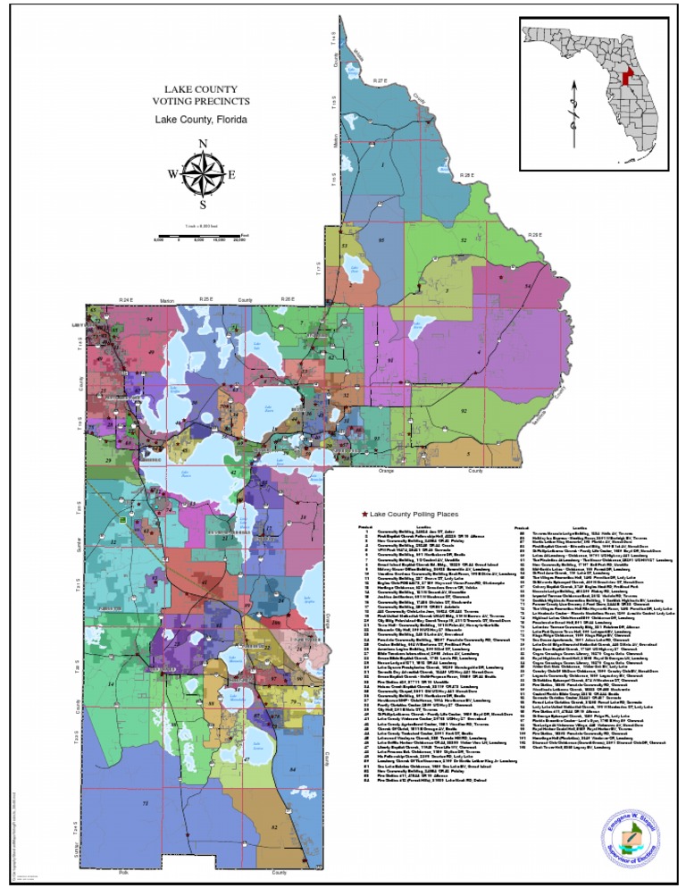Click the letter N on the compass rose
coord(203,145)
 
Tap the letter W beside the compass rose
coord(171,175)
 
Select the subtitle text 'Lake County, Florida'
coord(201,119)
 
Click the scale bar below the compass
coord(202,236)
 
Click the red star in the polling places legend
coord(364,516)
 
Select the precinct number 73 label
coord(145,779)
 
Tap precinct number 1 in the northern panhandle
coord(382,164)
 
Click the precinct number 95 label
coord(381,241)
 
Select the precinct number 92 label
coord(463,241)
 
